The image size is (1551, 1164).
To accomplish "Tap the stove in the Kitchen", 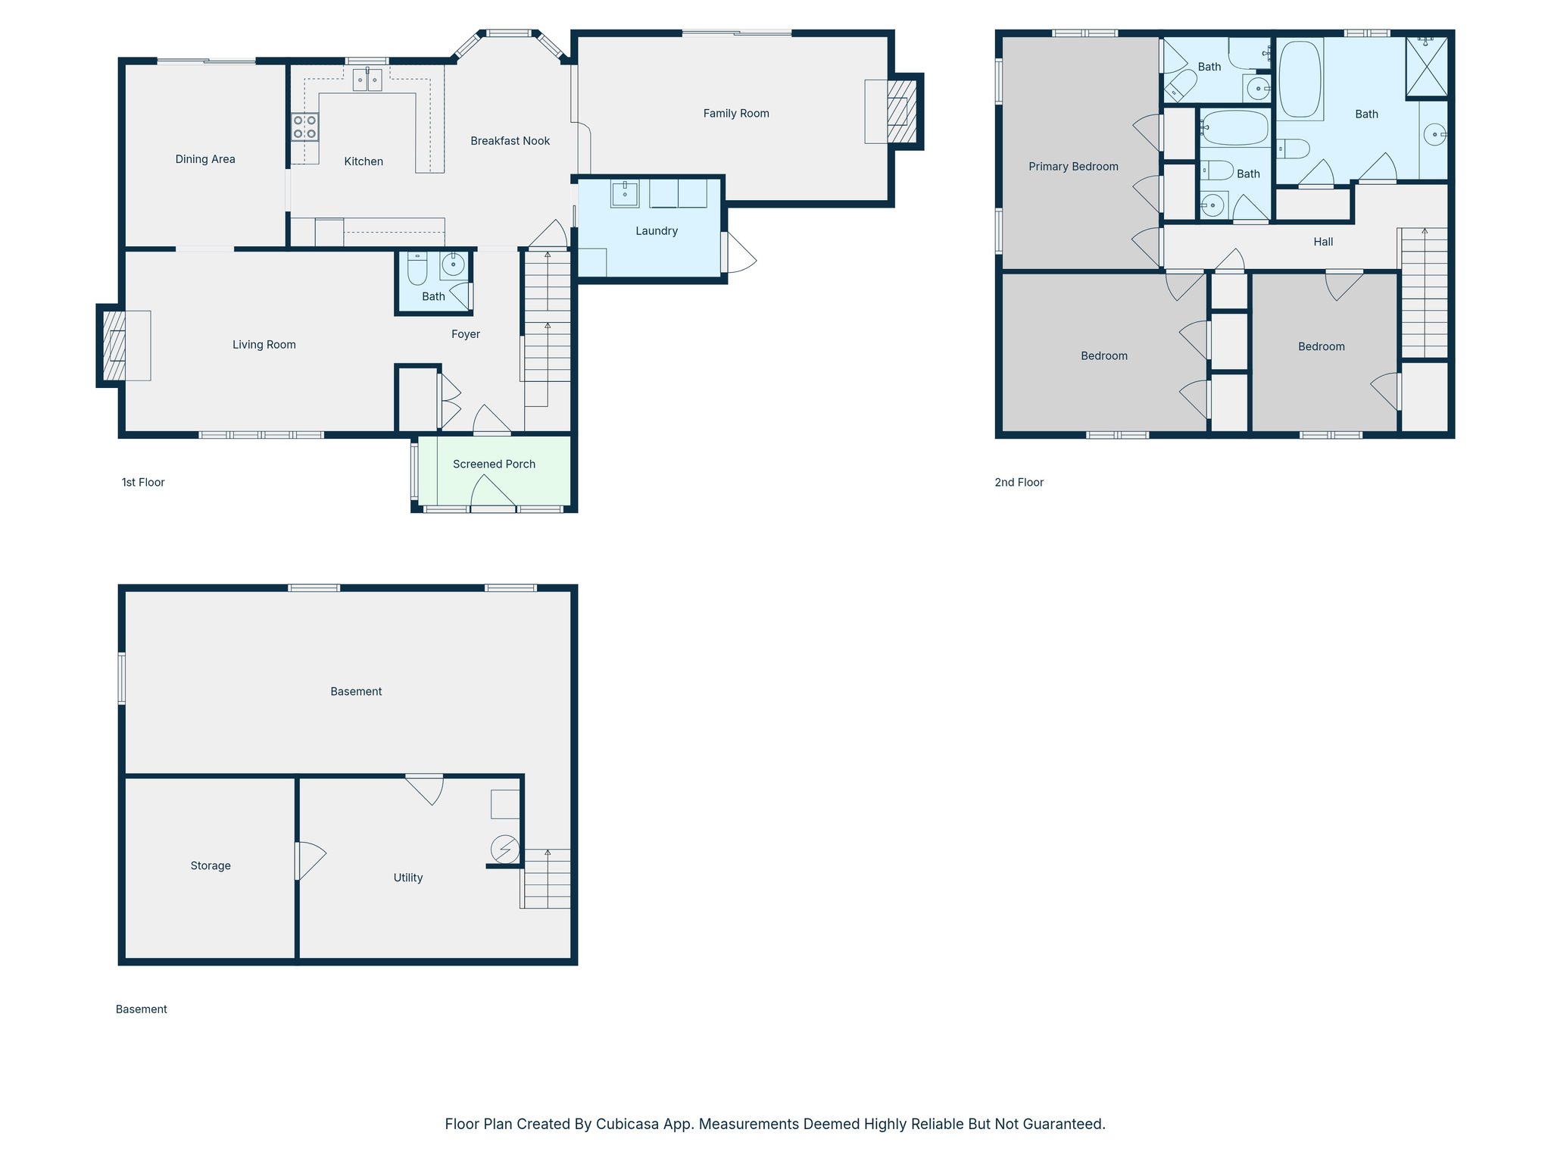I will point(305,127).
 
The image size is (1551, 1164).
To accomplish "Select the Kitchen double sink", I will point(367,80).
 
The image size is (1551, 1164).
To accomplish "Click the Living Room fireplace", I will point(114,346).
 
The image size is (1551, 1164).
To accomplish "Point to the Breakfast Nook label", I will point(510,141).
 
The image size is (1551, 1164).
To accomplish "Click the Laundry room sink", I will point(625,193).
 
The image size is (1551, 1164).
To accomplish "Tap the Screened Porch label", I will point(494,464).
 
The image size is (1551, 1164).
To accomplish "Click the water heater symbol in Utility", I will point(505,850).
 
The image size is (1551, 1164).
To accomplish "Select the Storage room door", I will point(309,861).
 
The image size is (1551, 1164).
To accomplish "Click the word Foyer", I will point(465,334).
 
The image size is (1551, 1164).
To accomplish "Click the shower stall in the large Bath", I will point(1426,67).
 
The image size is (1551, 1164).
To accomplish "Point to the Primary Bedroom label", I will point(1072,167).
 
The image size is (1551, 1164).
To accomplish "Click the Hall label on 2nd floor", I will point(1322,242).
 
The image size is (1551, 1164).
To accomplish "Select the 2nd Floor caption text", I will point(1019,482).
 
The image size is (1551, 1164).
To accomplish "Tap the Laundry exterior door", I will point(739,253).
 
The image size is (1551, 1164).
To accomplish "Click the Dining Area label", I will point(205,159).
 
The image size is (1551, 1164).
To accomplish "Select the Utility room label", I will point(407,878).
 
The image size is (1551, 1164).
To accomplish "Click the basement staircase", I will point(546,879).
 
